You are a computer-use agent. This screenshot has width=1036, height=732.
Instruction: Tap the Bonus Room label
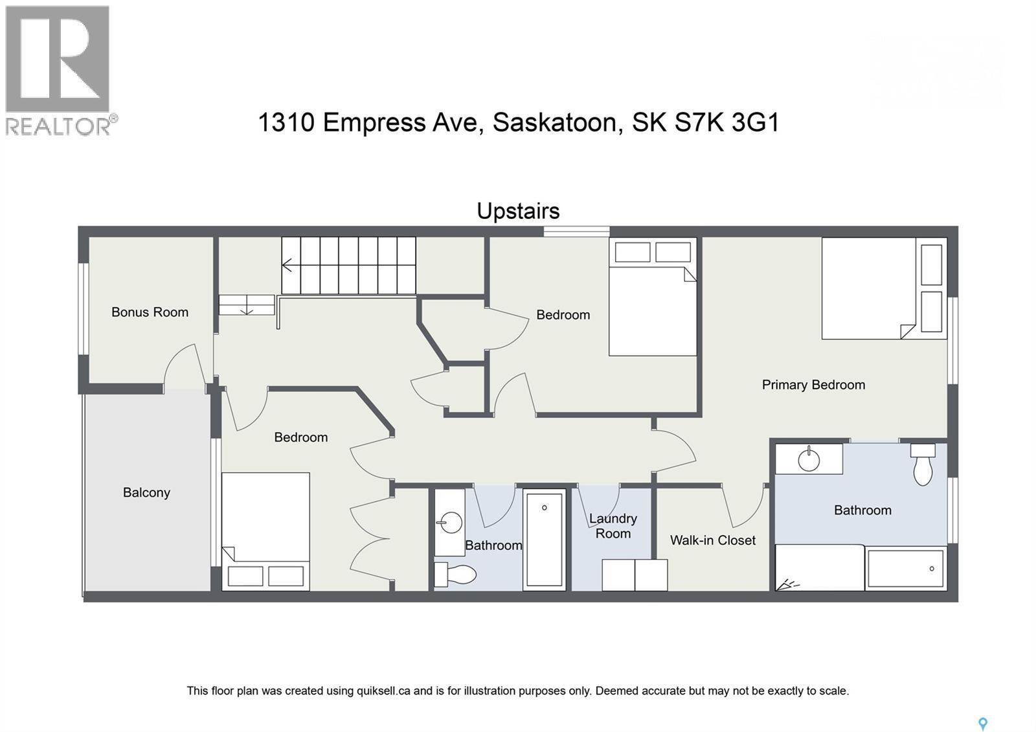(150, 312)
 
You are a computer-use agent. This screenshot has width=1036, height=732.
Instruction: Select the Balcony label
(146, 492)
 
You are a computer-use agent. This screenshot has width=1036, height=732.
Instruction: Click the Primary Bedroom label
(813, 385)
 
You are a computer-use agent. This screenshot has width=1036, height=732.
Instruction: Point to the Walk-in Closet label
(712, 540)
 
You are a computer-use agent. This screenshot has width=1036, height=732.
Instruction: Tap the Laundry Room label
(613, 526)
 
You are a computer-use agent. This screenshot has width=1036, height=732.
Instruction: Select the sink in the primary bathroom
(809, 459)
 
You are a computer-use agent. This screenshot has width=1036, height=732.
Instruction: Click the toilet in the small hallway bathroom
(455, 574)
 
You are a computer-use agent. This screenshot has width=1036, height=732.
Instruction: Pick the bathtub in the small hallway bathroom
(544, 538)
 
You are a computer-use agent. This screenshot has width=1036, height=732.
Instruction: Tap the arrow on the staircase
(287, 265)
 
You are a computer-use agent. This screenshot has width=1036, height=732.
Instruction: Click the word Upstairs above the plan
(518, 211)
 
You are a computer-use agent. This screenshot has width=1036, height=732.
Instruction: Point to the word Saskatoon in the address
(555, 122)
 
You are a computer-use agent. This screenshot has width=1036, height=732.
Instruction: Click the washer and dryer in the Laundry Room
(635, 575)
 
